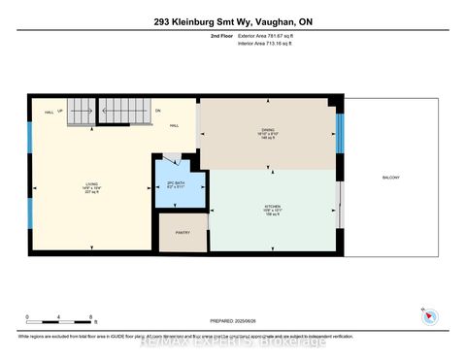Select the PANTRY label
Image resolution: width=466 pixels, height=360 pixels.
[183, 232]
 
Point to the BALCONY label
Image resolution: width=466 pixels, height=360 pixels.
[391, 177]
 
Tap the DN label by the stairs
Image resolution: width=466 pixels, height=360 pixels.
[157, 112]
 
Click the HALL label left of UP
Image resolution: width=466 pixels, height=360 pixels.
[49, 112]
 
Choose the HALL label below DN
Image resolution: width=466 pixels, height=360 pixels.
[174, 125]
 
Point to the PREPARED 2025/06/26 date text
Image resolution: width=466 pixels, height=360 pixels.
[234, 321]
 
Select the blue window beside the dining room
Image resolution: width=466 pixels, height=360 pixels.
[339, 134]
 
